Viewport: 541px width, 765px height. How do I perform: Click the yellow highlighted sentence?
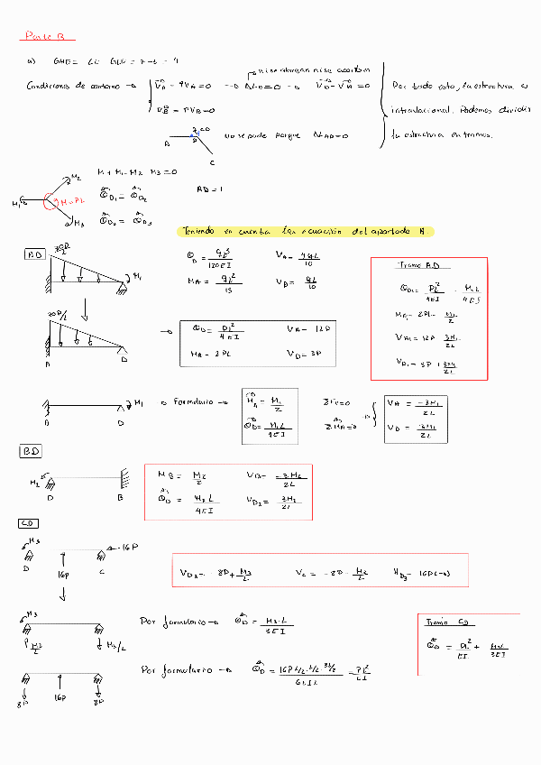[307, 232]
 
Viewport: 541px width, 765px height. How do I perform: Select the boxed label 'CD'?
[28, 523]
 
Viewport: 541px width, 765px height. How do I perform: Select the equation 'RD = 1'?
[209, 189]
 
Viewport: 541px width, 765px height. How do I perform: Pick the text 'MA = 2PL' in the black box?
[210, 355]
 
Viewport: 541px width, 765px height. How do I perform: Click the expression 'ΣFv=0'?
[337, 402]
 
